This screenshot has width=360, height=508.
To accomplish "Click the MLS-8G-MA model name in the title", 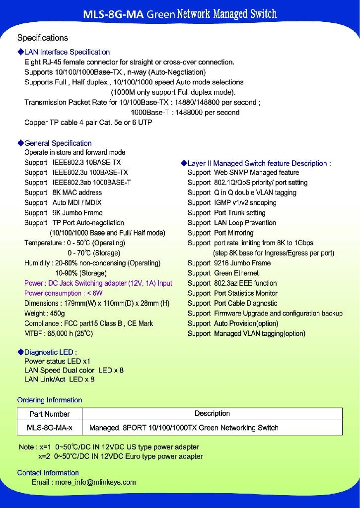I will (x=113, y=14).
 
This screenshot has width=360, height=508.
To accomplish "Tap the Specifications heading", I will (x=43, y=38).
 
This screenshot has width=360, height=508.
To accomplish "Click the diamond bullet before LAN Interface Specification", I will (x=20, y=52).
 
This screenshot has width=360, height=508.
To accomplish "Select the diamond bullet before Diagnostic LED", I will (x=20, y=352).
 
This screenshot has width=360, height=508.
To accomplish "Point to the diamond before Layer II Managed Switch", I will (x=184, y=163).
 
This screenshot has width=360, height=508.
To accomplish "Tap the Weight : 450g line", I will (x=44, y=314).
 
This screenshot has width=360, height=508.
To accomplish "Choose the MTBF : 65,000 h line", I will (x=58, y=333).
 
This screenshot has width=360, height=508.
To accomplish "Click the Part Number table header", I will (x=50, y=414).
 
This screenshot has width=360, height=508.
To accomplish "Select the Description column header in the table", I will (x=212, y=413).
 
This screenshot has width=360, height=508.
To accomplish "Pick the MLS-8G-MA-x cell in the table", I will (x=50, y=428).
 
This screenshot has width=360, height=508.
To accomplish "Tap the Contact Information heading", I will (x=48, y=473).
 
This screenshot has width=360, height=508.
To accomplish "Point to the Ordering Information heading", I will (x=50, y=400).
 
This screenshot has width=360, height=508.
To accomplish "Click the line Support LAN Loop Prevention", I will (x=231, y=223).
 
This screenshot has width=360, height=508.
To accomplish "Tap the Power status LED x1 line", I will (x=57, y=362).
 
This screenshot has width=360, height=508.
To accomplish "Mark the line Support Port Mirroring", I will (x=220, y=233).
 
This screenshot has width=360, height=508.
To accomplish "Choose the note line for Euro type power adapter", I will (x=121, y=456).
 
